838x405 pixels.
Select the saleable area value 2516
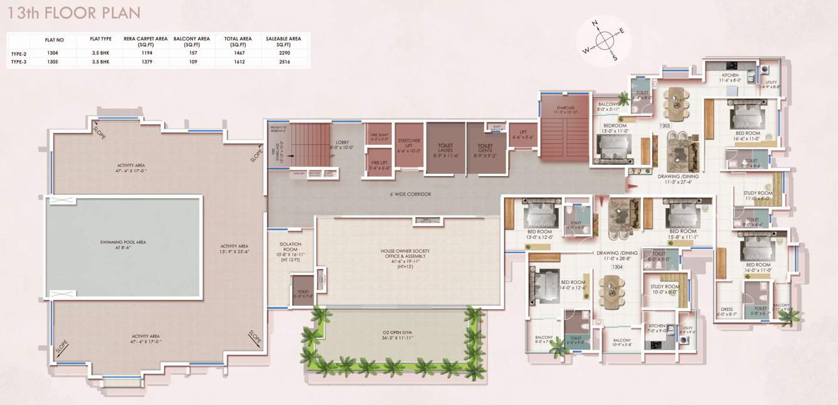pyautogui.click(x=283, y=62)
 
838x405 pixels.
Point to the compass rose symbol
pyautogui.click(x=604, y=40)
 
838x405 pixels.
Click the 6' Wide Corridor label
pyautogui.click(x=410, y=194)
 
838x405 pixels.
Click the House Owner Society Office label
pyautogui.click(x=408, y=254)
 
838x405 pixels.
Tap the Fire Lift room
pyautogui.click(x=379, y=164)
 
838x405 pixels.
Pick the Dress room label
pyautogui.click(x=726, y=311)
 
